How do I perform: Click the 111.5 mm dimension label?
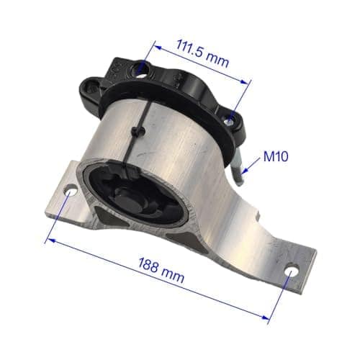click(x=203, y=54)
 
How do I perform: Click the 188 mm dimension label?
click(x=161, y=270)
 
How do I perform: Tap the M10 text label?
click(x=276, y=156)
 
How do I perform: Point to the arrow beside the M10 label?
click(x=251, y=165)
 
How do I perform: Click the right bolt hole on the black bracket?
click(x=230, y=121)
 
